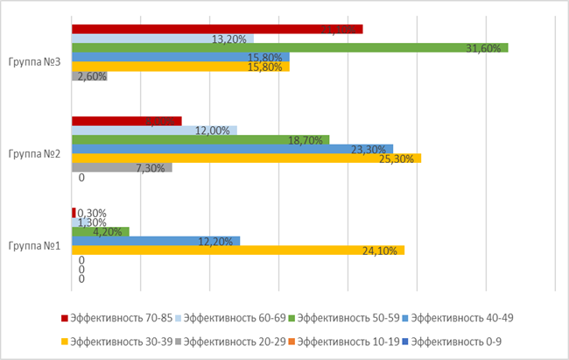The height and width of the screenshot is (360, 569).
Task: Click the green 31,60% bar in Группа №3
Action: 289,48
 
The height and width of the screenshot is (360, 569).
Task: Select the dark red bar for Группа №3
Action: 216,30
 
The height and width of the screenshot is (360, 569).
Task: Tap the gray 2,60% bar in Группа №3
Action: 89,76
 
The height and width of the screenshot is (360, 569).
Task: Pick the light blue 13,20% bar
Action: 162,39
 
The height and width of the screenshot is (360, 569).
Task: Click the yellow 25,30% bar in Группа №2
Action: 245,159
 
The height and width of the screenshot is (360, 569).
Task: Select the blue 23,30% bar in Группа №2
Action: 232,149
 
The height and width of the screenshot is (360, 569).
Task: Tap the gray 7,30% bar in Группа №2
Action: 122,167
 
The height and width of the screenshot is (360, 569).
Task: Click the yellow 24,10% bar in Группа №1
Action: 237,251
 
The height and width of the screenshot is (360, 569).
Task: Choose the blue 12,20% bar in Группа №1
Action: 155,241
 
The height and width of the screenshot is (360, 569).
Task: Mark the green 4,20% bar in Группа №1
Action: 100,232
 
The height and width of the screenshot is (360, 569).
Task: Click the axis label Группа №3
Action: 34,62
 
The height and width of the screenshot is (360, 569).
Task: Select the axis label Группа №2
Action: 34,154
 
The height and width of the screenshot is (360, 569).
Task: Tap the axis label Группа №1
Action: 34,246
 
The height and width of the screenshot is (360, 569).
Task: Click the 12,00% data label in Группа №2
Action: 213,131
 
